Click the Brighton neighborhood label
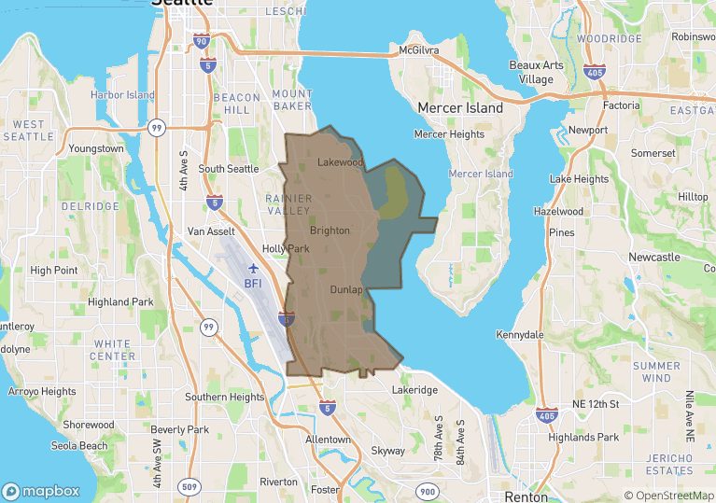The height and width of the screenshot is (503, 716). click(330, 231)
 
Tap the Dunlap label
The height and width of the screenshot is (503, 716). click(345, 290)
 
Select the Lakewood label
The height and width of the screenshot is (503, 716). click(340, 162)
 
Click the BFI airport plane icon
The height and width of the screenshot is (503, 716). click(252, 269)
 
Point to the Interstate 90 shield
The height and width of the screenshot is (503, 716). click(202, 42)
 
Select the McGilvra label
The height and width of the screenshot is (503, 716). click(418, 49)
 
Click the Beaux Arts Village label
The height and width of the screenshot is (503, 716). click(537, 72)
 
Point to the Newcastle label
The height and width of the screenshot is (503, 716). click(653, 257)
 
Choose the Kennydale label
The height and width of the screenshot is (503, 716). click(520, 334)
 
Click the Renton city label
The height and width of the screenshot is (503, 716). click(526, 496)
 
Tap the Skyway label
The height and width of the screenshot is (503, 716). click(388, 451)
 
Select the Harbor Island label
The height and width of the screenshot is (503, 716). click(122, 95)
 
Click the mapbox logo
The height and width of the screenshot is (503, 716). click(41, 491)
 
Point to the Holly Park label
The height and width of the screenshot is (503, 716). click(286, 249)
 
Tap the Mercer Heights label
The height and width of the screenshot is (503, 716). click(449, 134)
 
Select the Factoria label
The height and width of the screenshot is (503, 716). click(622, 105)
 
